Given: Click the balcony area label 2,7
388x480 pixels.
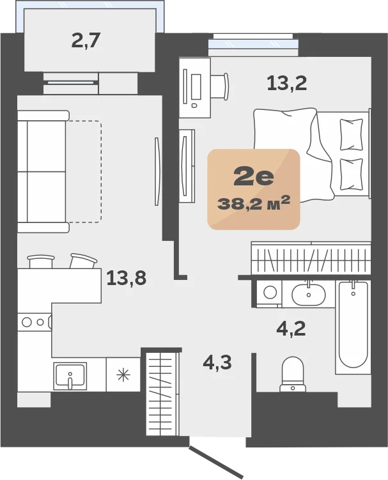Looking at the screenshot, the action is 86,40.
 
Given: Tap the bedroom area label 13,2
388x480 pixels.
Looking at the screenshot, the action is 286,83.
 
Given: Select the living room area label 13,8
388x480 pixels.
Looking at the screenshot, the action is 126,278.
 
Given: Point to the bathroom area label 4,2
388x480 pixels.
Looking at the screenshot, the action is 291,329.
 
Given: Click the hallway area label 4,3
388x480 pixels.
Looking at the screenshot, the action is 217,362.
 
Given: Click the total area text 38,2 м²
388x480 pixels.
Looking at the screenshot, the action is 254,204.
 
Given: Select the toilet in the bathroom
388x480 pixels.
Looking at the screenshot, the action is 293,375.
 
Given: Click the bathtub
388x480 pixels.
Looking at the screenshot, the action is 353,327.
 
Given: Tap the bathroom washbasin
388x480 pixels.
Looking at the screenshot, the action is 308,294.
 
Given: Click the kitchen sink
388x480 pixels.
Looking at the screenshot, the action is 70,376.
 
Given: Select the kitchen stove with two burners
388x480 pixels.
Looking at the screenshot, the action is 35,321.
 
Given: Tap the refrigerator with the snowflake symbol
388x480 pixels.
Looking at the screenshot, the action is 123,375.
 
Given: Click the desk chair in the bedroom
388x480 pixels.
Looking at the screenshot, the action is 220,86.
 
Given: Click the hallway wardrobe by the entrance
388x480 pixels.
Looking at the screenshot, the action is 162,393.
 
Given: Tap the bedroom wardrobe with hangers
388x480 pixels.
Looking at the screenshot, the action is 311,258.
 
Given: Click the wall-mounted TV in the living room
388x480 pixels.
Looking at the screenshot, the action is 157,171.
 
